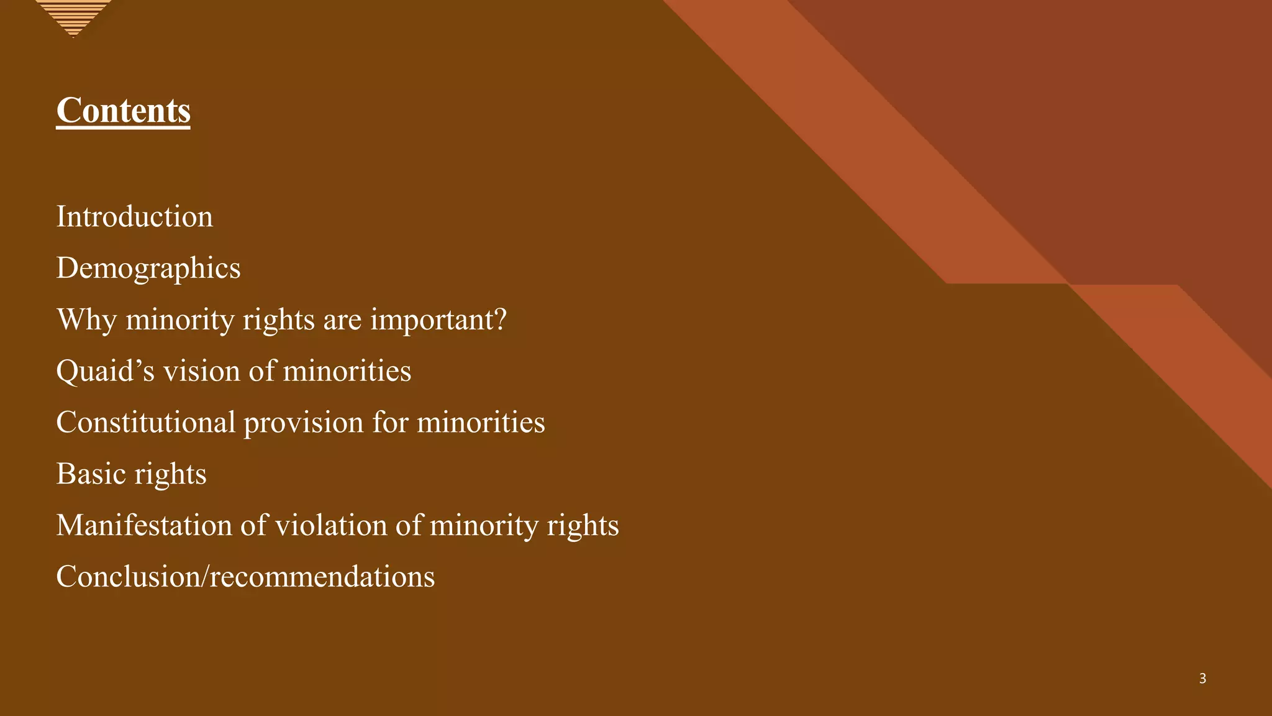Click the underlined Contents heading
pyautogui.click(x=123, y=111)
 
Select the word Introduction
pyautogui.click(x=134, y=217)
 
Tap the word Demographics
pyautogui.click(x=148, y=268)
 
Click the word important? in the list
pyautogui.click(x=438, y=320)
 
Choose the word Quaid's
pyautogui.click(x=104, y=371)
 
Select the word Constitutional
pyautogui.click(x=145, y=423)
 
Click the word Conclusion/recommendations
pyautogui.click(x=245, y=577)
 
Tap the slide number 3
pyautogui.click(x=1202, y=679)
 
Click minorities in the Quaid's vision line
pyautogui.click(x=347, y=371)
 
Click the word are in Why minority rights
pyautogui.click(x=342, y=320)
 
